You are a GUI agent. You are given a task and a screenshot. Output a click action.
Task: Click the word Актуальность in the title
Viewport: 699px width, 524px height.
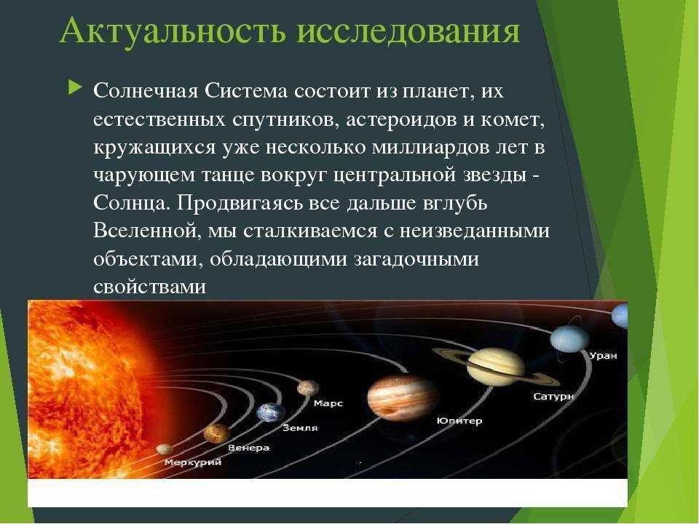172,31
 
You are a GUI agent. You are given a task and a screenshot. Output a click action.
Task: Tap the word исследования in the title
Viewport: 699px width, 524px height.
408,32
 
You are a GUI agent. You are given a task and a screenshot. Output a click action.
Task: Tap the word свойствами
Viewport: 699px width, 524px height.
150,287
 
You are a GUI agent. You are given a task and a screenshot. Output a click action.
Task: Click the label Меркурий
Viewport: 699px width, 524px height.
192,462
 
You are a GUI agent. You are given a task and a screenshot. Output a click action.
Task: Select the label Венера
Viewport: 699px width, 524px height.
249,448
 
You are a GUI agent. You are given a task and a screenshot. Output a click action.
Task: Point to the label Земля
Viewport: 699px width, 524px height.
301,428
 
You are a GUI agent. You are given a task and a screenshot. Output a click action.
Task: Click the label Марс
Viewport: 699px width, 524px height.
328,403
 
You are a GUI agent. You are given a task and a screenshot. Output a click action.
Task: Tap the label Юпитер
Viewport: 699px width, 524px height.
459,421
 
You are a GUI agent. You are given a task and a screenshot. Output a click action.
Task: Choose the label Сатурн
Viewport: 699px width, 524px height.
553,396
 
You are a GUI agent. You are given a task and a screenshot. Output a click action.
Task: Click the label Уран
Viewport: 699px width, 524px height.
603,356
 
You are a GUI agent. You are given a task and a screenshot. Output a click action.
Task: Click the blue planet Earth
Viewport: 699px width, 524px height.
271,413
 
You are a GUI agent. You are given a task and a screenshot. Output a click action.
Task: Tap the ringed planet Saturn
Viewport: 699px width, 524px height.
496,367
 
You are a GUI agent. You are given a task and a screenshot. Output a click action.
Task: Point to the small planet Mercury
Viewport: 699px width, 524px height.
165,449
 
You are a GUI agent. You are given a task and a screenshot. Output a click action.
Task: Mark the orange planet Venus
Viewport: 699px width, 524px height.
217,434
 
